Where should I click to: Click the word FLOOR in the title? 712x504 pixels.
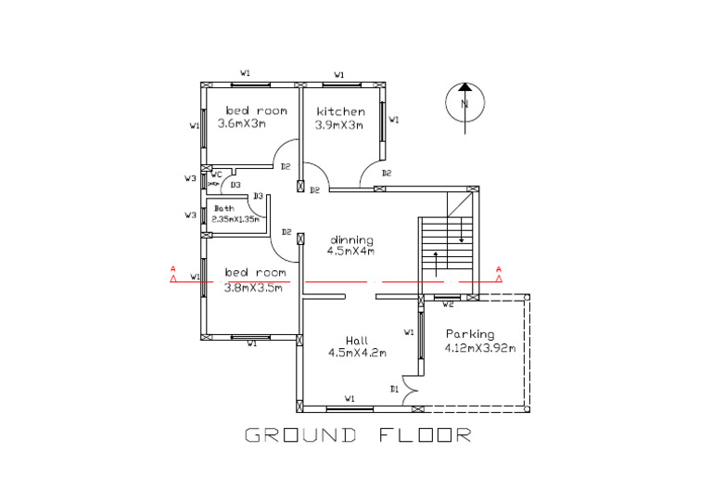click(x=426, y=434)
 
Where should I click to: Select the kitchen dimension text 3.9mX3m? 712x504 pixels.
click(x=340, y=123)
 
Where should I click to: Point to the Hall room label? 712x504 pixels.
click(x=357, y=340)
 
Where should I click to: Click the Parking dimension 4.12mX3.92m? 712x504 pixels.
click(x=480, y=348)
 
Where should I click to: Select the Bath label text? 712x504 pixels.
click(x=224, y=208)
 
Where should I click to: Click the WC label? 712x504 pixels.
click(x=215, y=174)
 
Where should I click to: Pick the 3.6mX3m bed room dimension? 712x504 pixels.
click(x=241, y=123)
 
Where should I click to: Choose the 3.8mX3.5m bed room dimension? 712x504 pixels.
click(x=253, y=287)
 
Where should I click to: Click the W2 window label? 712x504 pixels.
click(x=448, y=304)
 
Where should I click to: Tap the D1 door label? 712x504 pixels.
click(x=394, y=388)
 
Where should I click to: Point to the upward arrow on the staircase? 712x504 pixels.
click(x=434, y=261)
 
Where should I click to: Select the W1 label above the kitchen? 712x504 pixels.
click(x=339, y=73)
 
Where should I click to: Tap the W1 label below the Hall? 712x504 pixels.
click(x=350, y=398)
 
